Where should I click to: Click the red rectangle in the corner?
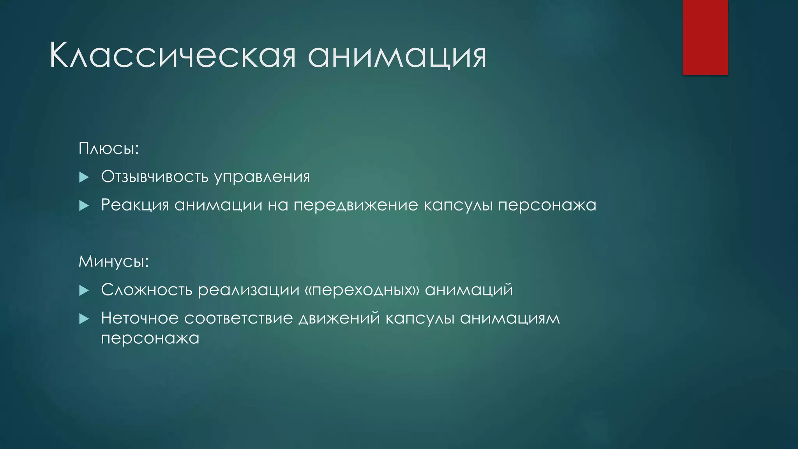pos(705,37)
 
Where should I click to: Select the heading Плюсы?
pos(109,148)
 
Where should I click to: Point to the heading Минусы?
pos(114,261)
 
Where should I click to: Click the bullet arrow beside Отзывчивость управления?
pos(84,178)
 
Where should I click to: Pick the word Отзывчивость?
pos(155,177)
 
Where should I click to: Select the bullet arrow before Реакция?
pos(84,206)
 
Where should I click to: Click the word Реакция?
pos(135,205)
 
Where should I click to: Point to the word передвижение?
pos(356,205)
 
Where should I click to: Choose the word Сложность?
pos(147,290)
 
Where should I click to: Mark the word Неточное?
pos(140,318)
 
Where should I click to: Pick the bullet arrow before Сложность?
pos(84,290)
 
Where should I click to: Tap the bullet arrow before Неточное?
pos(84,319)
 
